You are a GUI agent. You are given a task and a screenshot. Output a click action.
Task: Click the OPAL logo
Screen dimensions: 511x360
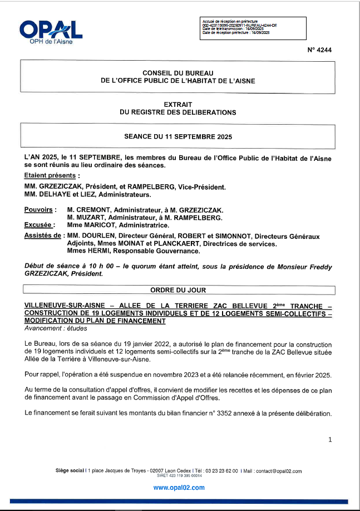point(50,31)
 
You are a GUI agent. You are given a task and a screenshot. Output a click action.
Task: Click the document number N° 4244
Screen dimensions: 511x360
point(319,50)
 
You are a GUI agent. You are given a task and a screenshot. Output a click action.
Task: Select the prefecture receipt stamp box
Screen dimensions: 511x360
point(253,28)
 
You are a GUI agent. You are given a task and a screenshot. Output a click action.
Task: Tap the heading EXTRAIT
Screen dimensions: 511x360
point(178,105)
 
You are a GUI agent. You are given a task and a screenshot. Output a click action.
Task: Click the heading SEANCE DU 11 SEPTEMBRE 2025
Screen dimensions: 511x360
point(178,136)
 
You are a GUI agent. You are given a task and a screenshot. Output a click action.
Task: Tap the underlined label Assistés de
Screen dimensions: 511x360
point(42,236)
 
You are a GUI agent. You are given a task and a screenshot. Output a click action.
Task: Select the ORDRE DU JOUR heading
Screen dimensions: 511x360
point(178,290)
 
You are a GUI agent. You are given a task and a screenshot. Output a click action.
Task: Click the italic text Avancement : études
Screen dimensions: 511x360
point(52,329)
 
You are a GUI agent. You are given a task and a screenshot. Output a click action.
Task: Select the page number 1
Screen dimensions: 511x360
point(330,440)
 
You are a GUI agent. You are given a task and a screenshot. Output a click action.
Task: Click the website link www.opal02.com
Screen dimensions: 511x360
point(179,487)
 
